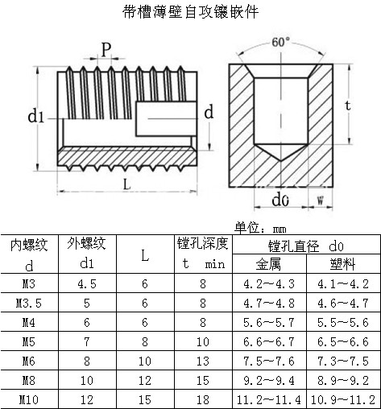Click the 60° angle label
pos(281,42)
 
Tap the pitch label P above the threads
pos(106,49)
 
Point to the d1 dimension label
pos(36,117)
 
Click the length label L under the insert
pos(126,184)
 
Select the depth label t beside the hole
pos(348,105)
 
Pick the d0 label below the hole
pos(280,200)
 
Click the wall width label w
pos(321,200)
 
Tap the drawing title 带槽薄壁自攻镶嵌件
pos(190,12)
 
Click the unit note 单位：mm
pos(260,228)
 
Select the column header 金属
pos(268,264)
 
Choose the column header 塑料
pos(343,264)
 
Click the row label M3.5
pos(29,303)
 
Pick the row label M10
pos(29,399)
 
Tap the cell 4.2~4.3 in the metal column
pos(269,283)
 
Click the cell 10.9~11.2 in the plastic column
pos(343,399)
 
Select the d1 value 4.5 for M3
pos(87,283)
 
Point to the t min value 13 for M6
pos(203,361)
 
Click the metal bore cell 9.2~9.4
pos(269,380)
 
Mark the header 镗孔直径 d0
pos(306,246)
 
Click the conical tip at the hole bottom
pos(281,160)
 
